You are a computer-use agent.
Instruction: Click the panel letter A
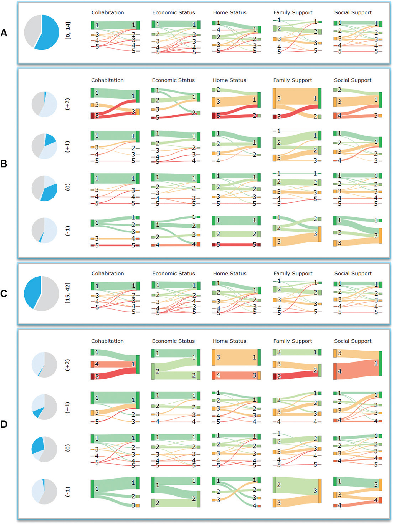[4, 33]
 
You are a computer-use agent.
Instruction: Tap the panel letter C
[4, 293]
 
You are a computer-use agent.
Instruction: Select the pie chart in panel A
[42, 32]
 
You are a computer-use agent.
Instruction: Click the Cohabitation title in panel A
[108, 12]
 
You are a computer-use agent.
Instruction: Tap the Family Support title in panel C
[293, 273]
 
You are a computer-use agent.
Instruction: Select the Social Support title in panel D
[353, 341]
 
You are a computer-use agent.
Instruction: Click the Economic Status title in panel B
[173, 80]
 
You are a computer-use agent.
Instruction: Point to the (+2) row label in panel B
[67, 104]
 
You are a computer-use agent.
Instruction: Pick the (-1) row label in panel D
[67, 491]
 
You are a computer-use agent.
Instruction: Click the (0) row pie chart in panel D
[44, 449]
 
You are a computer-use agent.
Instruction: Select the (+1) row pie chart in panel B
[44, 146]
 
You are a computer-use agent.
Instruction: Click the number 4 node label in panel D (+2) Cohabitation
[97, 364]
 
